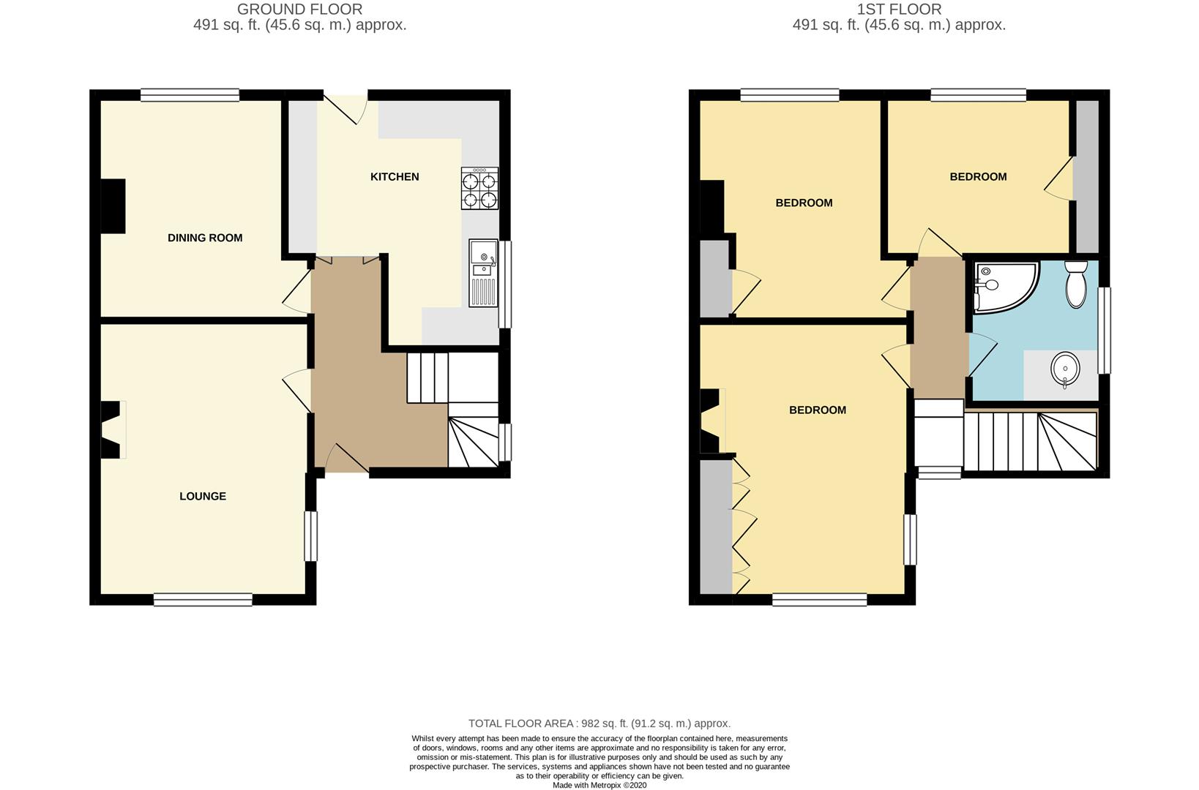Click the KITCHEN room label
tap(394, 176)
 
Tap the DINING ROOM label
tap(205, 238)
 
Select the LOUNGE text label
tap(203, 496)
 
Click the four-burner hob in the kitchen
tap(479, 189)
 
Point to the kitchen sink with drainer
tap(483, 274)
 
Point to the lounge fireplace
tap(111, 429)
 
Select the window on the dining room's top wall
tap(190, 94)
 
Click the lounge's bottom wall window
tap(203, 601)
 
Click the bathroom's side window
tap(1105, 330)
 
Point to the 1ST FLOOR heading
tap(899, 10)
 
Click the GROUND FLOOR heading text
tap(299, 10)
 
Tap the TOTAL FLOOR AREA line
tap(599, 723)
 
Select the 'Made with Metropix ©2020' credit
tap(599, 785)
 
